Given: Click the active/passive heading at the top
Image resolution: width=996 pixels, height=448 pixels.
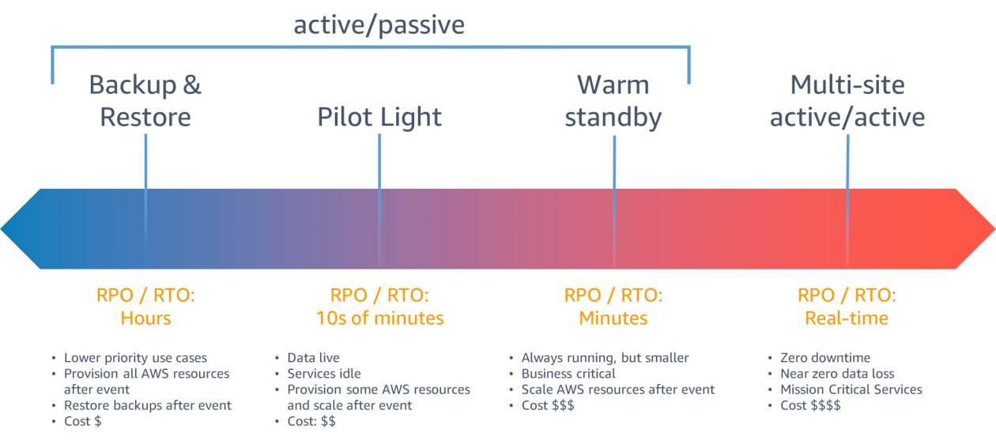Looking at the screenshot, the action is (379, 25).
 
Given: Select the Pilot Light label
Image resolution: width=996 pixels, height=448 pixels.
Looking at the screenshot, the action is (379, 117).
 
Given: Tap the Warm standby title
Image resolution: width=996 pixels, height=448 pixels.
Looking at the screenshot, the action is (613, 101).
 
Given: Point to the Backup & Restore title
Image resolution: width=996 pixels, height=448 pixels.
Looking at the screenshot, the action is (145, 100).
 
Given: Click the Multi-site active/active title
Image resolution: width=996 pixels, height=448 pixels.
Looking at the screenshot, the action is (847, 100).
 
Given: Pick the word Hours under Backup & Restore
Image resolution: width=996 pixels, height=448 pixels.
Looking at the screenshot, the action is (145, 318).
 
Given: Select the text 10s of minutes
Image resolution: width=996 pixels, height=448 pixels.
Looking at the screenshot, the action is (379, 318).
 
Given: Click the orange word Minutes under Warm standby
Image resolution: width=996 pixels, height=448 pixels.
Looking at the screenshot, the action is (613, 318).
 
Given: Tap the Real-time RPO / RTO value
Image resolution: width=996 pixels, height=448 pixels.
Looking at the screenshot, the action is (847, 318).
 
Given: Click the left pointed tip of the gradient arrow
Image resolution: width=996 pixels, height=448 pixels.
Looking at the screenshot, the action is (1, 229).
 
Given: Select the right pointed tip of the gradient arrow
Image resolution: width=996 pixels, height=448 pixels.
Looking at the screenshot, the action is (994, 229).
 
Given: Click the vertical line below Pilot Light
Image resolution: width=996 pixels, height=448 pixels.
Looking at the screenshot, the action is (379, 201).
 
